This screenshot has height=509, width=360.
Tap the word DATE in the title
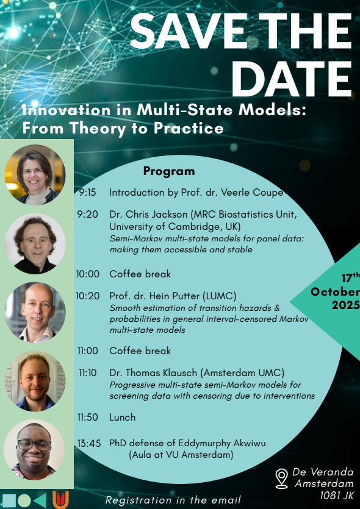tap(291, 79)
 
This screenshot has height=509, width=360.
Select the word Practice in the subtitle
tap(189, 128)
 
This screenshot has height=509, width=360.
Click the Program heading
tap(169, 171)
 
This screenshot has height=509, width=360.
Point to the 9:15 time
tap(87, 193)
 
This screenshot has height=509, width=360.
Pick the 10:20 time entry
tap(88, 296)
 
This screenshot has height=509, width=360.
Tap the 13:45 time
tap(89, 443)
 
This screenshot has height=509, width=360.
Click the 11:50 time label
tap(88, 417)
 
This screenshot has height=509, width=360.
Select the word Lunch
tap(123, 417)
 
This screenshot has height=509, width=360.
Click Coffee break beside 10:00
tap(140, 274)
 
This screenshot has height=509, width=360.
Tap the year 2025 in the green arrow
tap(346, 305)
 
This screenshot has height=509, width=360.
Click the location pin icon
tap(282, 478)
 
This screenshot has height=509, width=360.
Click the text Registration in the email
tap(173, 500)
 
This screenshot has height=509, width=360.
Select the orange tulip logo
tap(61, 500)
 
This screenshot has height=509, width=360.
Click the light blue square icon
tap(9, 500)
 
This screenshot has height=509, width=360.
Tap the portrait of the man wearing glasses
tap(34, 450)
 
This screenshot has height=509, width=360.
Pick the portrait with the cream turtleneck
tap(35, 175)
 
